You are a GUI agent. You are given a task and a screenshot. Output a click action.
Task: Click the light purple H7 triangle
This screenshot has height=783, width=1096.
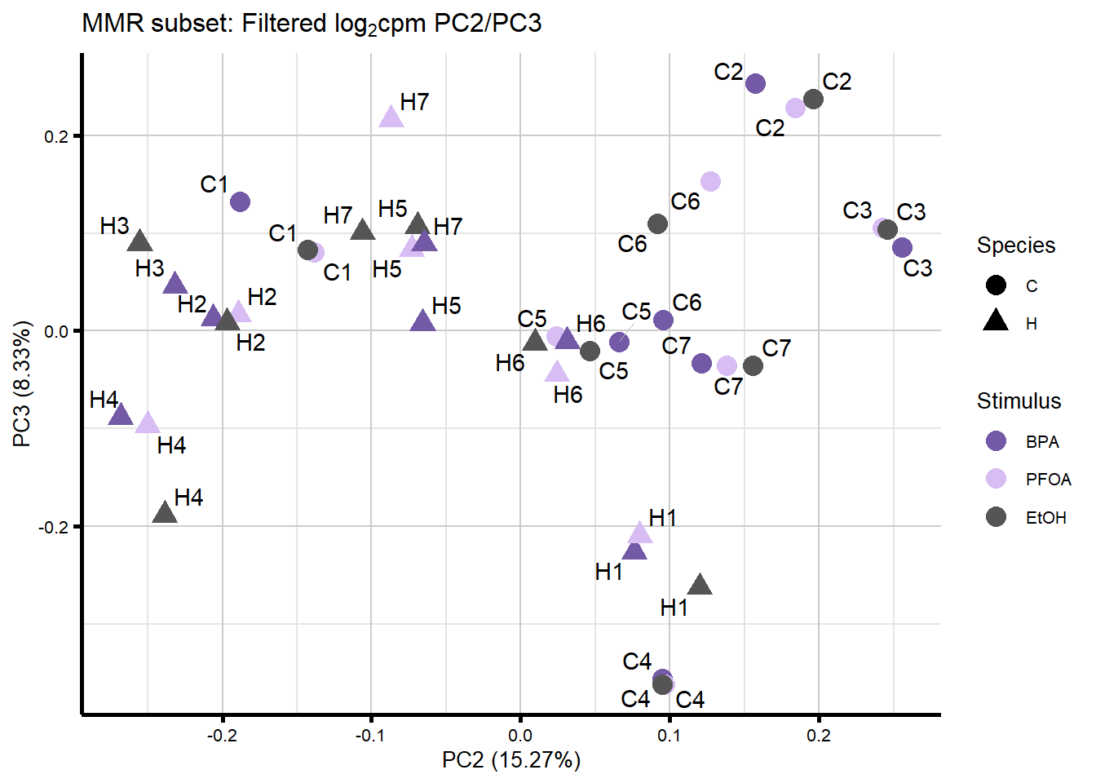pyautogui.click(x=391, y=117)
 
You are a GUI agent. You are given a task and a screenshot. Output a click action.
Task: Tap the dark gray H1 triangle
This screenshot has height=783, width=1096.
pyautogui.click(x=700, y=585)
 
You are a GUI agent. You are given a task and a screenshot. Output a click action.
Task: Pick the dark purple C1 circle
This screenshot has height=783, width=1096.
pyautogui.click(x=240, y=201)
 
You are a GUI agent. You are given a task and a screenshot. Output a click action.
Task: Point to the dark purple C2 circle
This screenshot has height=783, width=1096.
pyautogui.click(x=755, y=83)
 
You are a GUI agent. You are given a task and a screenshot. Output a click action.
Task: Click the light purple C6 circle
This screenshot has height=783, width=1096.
pyautogui.click(x=710, y=181)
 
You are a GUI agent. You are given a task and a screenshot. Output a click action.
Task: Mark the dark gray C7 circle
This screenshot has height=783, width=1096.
pyautogui.click(x=753, y=365)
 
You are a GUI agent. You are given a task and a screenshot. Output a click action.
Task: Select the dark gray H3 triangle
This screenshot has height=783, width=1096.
pyautogui.click(x=140, y=241)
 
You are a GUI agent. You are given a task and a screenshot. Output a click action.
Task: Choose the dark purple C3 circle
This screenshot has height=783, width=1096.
pyautogui.click(x=902, y=247)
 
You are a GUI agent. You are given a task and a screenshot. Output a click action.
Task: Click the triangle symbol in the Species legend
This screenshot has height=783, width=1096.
pyautogui.click(x=996, y=321)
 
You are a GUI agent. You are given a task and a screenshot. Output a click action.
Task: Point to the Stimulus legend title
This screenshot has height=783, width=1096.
pyautogui.click(x=1019, y=401)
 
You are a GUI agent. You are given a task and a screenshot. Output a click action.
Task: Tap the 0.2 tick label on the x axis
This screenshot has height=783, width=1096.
pyautogui.click(x=819, y=735)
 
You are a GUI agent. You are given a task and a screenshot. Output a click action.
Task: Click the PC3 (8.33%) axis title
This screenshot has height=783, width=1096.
pyautogui.click(x=22, y=384)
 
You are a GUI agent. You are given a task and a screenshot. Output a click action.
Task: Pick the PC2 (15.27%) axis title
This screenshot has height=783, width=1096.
pyautogui.click(x=511, y=760)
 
